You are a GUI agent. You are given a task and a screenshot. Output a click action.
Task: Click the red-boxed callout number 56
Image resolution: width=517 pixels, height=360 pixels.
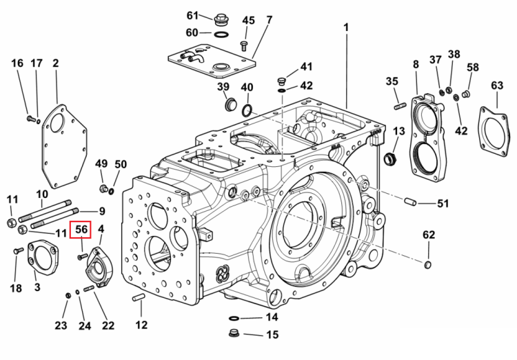[81, 230]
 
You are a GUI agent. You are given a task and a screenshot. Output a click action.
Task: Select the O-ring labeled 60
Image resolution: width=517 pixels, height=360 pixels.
[221, 34]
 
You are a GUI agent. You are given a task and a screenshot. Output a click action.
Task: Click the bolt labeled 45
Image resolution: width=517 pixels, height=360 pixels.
[243, 46]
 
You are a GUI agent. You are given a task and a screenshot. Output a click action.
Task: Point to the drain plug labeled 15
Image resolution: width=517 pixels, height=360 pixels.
[234, 333]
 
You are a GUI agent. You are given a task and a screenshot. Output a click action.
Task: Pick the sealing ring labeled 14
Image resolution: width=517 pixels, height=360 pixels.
[234, 319]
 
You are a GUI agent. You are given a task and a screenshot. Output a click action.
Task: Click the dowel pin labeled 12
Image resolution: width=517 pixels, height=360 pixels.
[138, 297]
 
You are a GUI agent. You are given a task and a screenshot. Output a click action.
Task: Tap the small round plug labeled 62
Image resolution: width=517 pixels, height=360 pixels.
[427, 265]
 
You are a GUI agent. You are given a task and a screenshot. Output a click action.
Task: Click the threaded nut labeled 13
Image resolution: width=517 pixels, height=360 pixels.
[390, 159]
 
